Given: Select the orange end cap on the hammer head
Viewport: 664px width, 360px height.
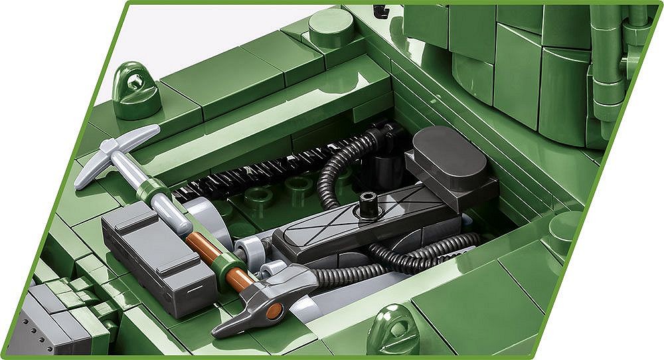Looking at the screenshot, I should [x=274, y=310].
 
